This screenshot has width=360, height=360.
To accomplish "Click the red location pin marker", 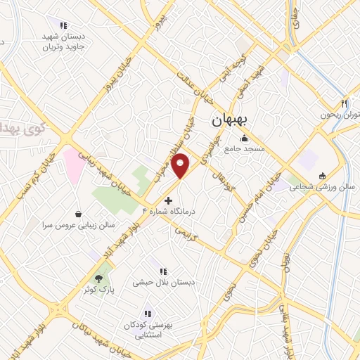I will coord(181,165).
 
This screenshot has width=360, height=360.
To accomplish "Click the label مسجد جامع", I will coord(244,149).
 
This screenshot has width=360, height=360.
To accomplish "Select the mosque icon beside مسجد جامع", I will coord(244,138).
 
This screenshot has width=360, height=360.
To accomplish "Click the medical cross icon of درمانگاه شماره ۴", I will coord(167,200).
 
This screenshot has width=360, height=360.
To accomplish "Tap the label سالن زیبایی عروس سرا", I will coord(77,226).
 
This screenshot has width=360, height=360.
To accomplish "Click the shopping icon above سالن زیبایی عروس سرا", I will coord(77,214).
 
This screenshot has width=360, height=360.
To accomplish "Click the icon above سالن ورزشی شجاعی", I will coord(322,176).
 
